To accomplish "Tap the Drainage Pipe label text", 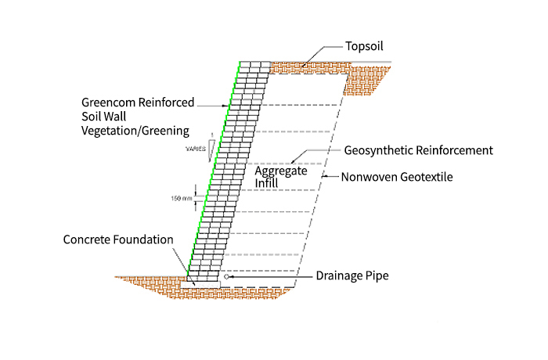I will pyautogui.click(x=352, y=275).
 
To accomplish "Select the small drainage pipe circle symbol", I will pyautogui.click(x=226, y=276).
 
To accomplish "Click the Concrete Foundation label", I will pyautogui.click(x=118, y=239).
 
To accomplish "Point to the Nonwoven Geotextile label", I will pyautogui.click(x=397, y=177).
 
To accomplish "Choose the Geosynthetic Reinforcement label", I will pyautogui.click(x=418, y=149).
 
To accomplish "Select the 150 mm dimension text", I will pyautogui.click(x=182, y=198).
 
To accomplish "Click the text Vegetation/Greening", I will pyautogui.click(x=136, y=130).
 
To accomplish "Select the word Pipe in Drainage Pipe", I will pyautogui.click(x=377, y=275).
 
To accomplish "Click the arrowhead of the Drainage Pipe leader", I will pyautogui.click(x=233, y=276).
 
